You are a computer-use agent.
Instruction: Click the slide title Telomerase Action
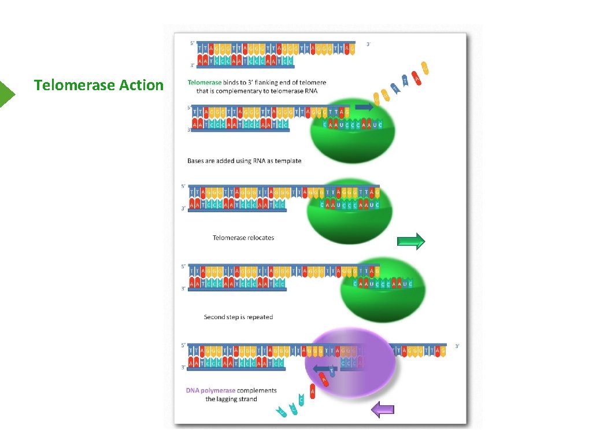point(99,86)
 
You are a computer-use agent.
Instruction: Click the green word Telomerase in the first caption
point(204,83)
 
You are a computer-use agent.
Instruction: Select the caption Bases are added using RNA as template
point(245,161)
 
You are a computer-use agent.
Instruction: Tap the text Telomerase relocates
point(243,238)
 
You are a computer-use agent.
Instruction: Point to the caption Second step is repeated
point(238,317)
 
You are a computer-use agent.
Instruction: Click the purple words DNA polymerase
point(210,390)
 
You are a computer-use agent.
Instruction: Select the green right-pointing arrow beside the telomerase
point(411,241)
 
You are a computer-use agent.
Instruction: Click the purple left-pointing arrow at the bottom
point(382,410)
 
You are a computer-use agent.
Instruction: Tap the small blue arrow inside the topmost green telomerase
point(364,107)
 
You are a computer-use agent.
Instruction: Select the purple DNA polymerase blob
point(350,361)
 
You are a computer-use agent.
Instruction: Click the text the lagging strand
point(231,399)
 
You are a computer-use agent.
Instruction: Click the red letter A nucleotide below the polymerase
point(313,392)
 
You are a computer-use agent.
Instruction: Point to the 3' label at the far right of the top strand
point(369,44)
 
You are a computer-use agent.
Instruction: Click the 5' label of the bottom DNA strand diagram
point(183,346)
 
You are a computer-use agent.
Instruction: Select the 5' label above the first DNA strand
point(193,43)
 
